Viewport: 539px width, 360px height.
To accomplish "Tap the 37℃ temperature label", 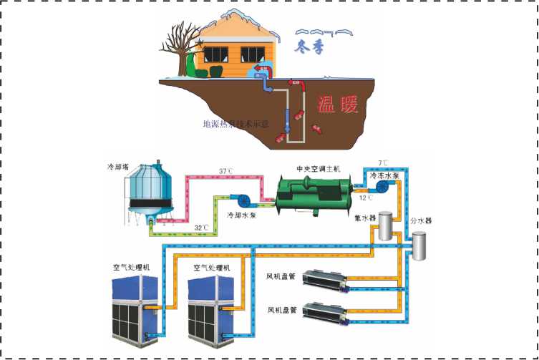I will [x=247, y=171].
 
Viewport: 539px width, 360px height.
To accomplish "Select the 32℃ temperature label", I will [x=202, y=228].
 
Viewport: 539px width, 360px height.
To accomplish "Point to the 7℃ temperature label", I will [x=386, y=163].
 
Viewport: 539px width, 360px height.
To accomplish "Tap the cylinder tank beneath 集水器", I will [x=387, y=226].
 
